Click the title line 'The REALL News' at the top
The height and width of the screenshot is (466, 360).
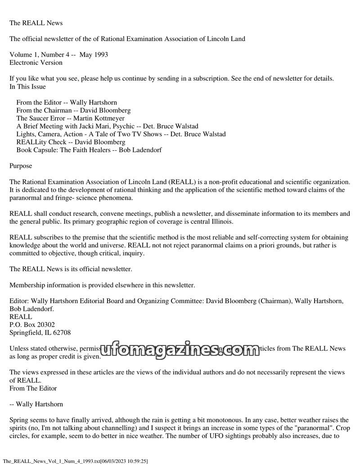point(36,23)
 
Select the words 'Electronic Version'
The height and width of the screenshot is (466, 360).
point(36,63)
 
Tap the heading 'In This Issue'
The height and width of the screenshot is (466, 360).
point(27,86)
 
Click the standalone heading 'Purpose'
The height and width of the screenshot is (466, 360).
point(21,166)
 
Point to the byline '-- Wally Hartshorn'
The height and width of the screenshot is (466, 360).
point(36,404)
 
